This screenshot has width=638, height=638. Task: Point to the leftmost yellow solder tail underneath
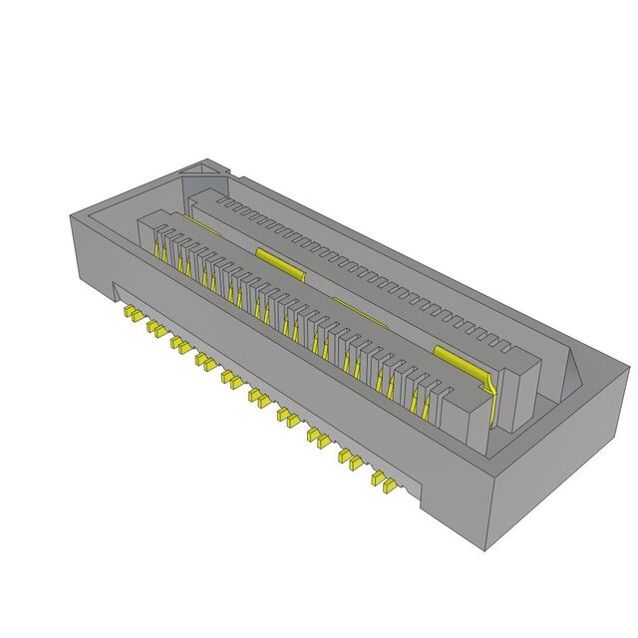pyautogui.click(x=130, y=315)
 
